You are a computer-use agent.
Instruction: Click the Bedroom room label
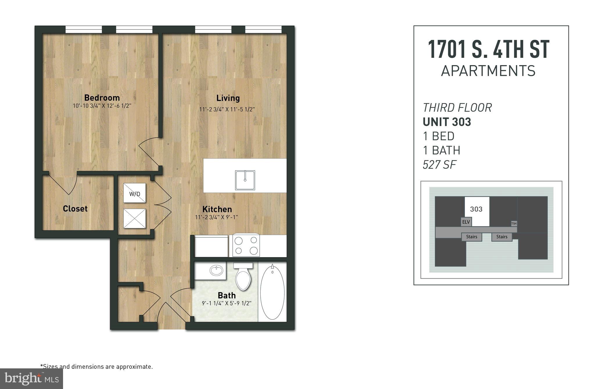tap(102, 98)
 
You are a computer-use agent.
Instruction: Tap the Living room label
tap(228, 98)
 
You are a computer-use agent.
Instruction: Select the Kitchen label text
tap(217, 209)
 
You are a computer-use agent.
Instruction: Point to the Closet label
tap(75, 209)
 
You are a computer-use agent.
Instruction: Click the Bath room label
tap(227, 295)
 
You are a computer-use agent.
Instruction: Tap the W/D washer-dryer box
tap(135, 193)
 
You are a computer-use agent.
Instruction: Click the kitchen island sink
tap(245, 180)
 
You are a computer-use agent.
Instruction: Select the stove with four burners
tap(246, 245)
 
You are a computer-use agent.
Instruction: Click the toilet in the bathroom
tap(243, 277)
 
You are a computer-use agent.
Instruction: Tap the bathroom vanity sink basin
tap(216, 270)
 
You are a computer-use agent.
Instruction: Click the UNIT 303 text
tap(447, 122)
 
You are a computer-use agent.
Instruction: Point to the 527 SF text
tap(440, 165)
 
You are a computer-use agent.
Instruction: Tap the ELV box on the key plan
tap(466, 222)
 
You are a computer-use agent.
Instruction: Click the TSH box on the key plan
tap(514, 223)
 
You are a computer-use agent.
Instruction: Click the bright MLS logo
tap(31, 379)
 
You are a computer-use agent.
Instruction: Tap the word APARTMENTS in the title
tap(488, 71)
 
